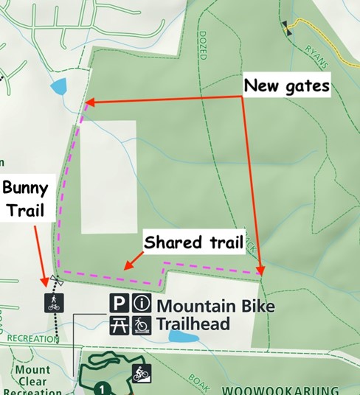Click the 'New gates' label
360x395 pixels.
pyautogui.click(x=286, y=86)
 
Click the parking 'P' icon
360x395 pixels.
pyautogui.click(x=120, y=303)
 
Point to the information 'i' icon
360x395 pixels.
pyautogui.click(x=141, y=303)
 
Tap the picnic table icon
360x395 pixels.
pyautogui.click(x=120, y=324)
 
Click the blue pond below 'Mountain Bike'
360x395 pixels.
pyautogui.click(x=183, y=337)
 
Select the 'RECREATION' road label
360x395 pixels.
pyautogui.click(x=32, y=339)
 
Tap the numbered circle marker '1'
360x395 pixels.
pyautogui.click(x=103, y=386)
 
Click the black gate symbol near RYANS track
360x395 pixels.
pyautogui.click(x=285, y=27)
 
